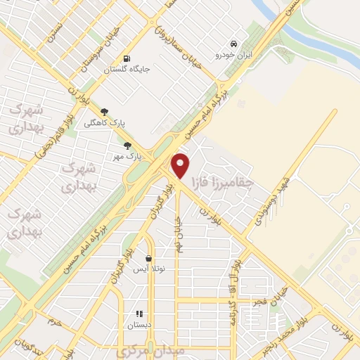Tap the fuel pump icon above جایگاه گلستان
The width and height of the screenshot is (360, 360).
tap(127, 59)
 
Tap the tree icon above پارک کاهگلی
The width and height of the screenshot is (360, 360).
tap(104, 111)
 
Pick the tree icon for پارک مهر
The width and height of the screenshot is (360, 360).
tap(127, 146)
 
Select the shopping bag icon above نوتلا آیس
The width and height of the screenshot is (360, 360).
tap(148, 258)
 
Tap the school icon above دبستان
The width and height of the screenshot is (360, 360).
tap(139, 314)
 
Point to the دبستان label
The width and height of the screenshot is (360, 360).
tap(139, 326)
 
